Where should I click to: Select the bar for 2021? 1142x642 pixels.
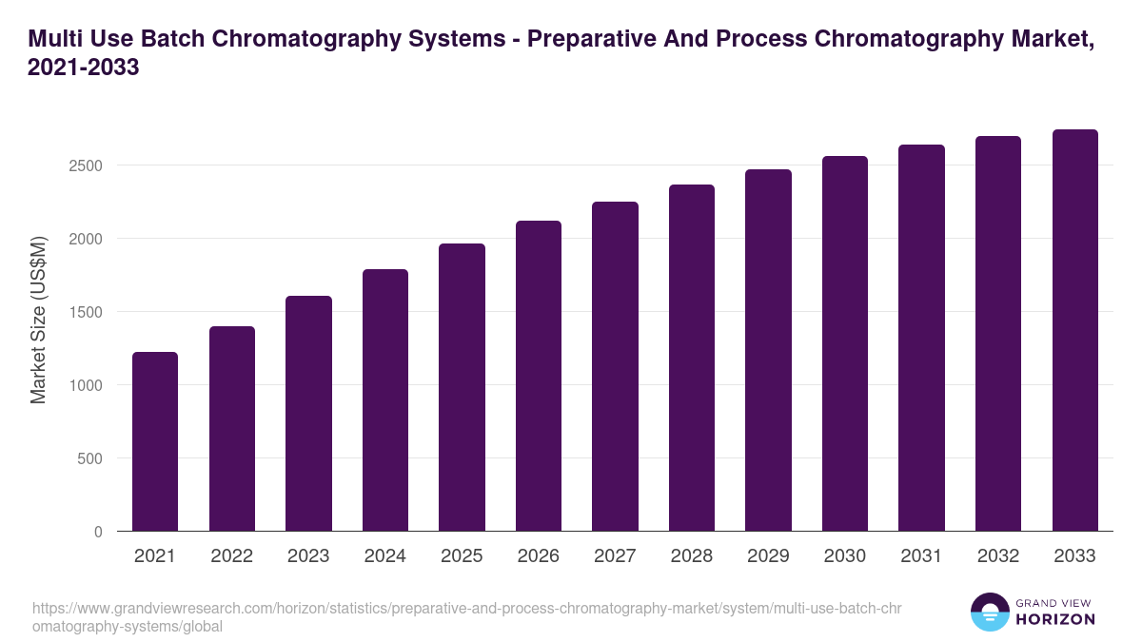[x=155, y=441]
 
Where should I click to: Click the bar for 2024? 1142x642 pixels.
[x=385, y=400]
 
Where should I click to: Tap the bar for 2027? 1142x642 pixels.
[x=615, y=366]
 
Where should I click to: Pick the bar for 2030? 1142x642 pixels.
[x=845, y=343]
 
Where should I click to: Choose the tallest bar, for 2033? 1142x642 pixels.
[x=1074, y=330]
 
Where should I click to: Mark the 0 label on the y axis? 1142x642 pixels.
[x=97, y=532]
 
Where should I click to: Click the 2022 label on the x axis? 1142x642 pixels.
[x=231, y=556]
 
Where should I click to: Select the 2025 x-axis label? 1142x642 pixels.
[x=462, y=556]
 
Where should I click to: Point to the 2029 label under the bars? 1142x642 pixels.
[x=768, y=556]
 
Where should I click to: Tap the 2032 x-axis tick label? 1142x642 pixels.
[x=998, y=556]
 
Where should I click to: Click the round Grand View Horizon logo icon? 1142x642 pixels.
[x=989, y=612]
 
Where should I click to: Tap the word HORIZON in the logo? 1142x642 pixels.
[x=1056, y=619]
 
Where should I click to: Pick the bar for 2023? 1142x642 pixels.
[x=308, y=414]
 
